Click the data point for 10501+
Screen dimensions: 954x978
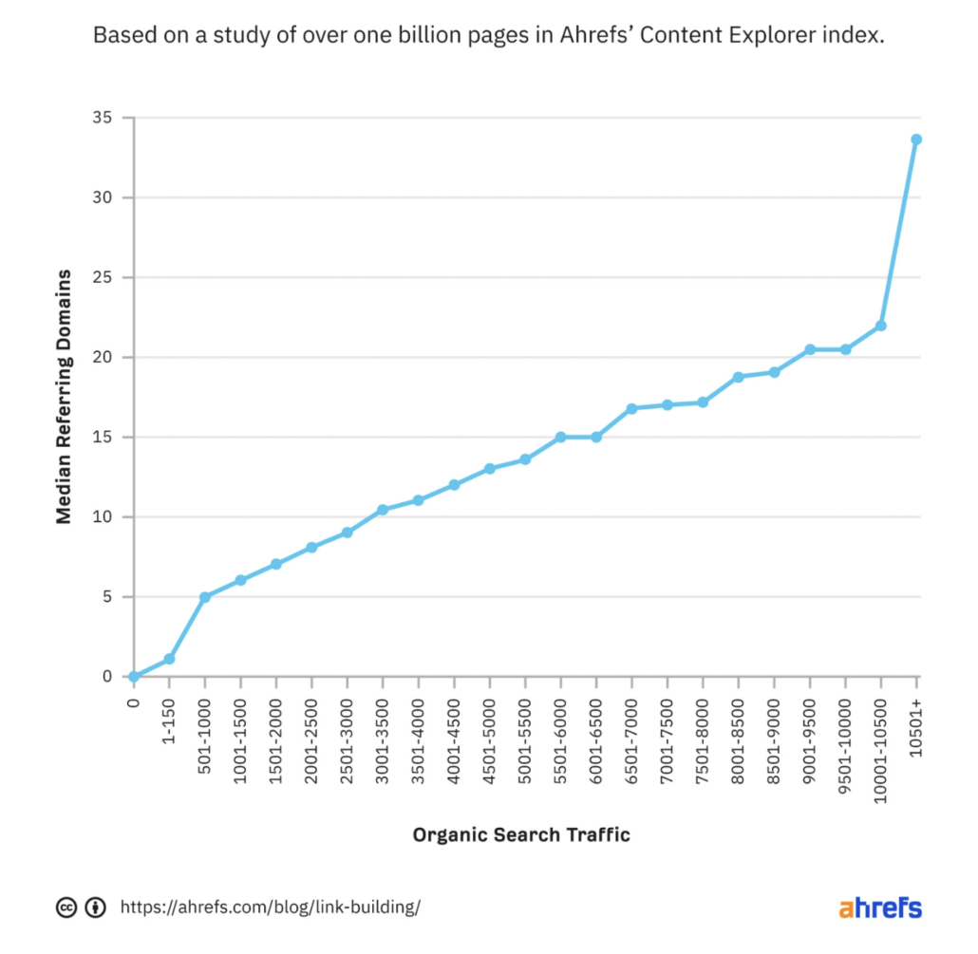click(916, 140)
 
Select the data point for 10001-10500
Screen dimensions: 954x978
click(881, 326)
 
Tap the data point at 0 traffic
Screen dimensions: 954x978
click(134, 677)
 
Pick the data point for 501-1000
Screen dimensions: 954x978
click(205, 597)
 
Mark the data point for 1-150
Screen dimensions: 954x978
click(169, 659)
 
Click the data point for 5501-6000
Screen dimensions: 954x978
click(561, 438)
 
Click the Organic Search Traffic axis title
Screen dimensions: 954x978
click(521, 835)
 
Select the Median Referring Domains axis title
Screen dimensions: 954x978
click(64, 397)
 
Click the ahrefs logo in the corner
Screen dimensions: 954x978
click(879, 907)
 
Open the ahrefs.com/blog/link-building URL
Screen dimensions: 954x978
click(270, 907)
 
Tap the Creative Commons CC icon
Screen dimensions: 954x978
click(66, 907)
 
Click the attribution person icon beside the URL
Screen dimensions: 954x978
click(95, 907)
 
